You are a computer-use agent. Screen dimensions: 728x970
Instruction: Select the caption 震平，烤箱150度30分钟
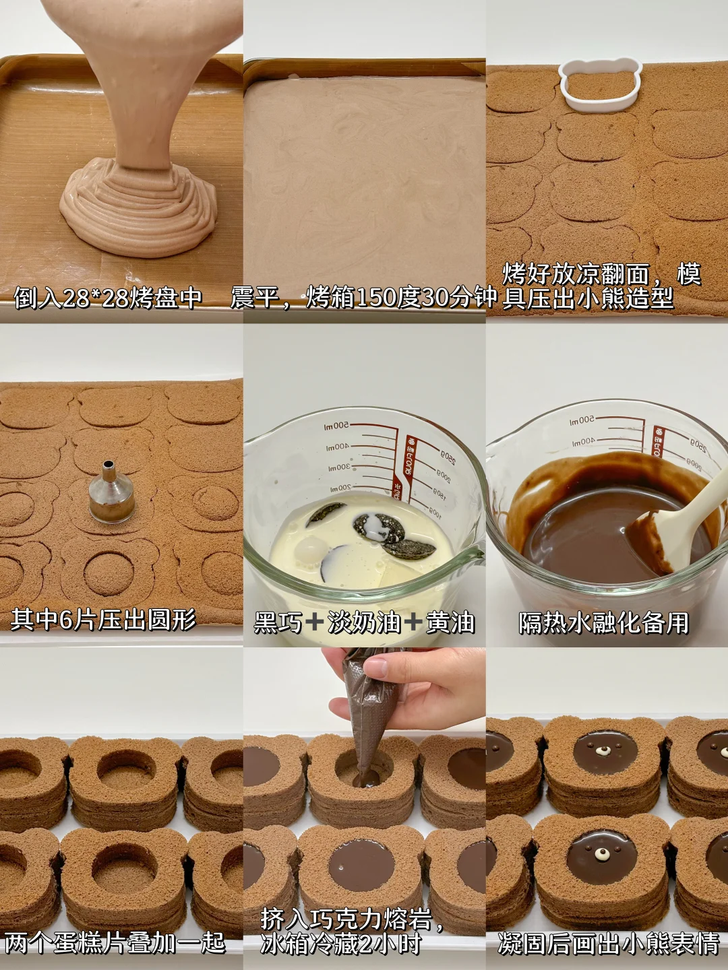tap(364, 299)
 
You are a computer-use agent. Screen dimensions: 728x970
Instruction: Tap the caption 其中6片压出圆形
tap(102, 619)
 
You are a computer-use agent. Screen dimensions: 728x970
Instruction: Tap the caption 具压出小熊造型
tap(588, 299)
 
